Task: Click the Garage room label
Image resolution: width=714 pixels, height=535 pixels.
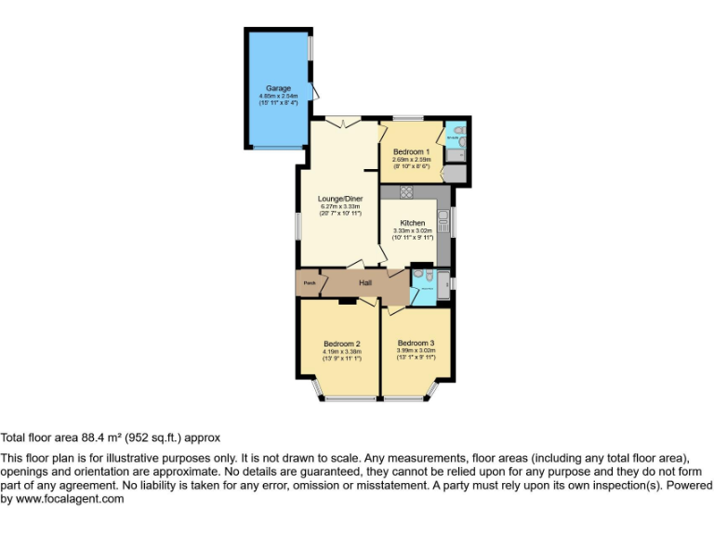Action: pyautogui.click(x=278, y=88)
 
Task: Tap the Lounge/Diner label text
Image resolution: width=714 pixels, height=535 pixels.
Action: pyautogui.click(x=339, y=199)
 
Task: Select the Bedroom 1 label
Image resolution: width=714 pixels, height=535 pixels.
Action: pyautogui.click(x=410, y=151)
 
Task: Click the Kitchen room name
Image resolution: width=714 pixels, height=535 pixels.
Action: pyautogui.click(x=413, y=223)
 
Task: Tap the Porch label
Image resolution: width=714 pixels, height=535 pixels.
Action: pyautogui.click(x=309, y=283)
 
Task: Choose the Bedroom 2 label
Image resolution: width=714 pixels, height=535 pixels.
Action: pyautogui.click(x=341, y=344)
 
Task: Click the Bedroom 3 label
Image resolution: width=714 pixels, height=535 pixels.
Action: pyautogui.click(x=416, y=343)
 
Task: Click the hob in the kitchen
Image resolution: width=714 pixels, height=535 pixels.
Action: pyautogui.click(x=406, y=191)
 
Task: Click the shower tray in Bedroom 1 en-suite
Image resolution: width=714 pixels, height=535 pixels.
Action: pyautogui.click(x=455, y=173)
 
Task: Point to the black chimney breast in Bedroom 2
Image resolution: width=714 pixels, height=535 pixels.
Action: pyautogui.click(x=348, y=301)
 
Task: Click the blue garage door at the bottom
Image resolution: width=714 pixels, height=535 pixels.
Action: pyautogui.click(x=277, y=147)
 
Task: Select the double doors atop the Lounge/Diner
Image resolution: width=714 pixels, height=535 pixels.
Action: pyautogui.click(x=343, y=122)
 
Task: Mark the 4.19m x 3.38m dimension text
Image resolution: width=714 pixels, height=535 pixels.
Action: pyautogui.click(x=341, y=352)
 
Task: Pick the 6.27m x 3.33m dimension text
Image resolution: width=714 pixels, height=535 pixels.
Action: pyautogui.click(x=339, y=206)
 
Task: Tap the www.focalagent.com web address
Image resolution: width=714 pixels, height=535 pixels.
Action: pyautogui.click(x=67, y=499)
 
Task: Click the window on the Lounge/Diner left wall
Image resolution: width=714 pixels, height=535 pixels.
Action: pyautogui.click(x=297, y=226)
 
